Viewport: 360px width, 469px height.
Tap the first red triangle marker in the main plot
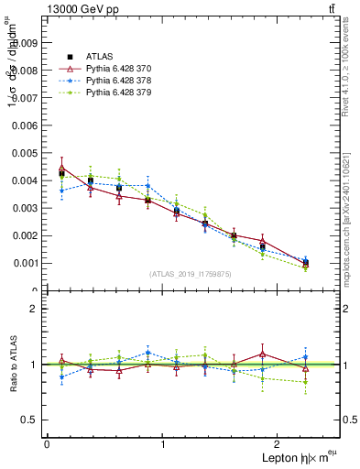61,169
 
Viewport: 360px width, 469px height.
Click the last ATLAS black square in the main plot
305,263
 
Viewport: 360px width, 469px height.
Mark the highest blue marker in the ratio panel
148,353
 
